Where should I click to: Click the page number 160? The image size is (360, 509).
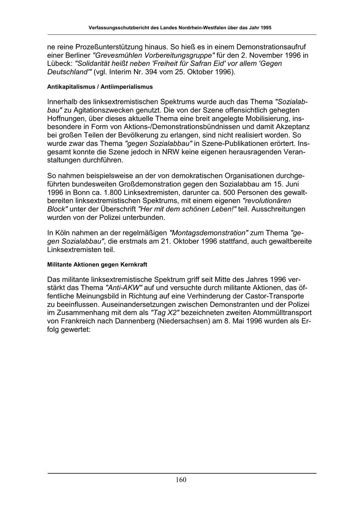[x=180, y=480]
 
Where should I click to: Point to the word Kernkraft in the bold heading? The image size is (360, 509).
[x=134, y=265]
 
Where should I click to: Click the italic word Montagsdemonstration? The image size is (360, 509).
[x=209, y=233]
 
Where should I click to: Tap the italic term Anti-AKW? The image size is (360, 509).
[x=124, y=287]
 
